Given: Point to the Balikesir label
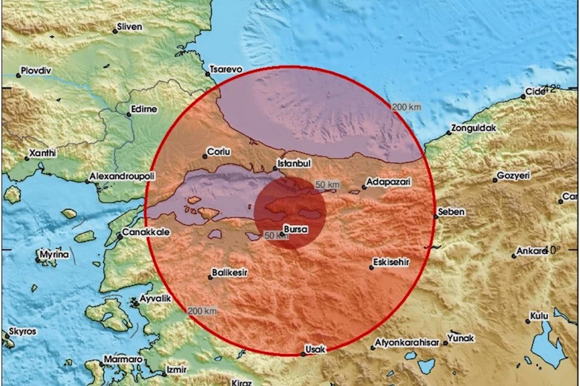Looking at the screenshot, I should (229, 274).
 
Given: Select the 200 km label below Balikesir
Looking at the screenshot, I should (200, 311).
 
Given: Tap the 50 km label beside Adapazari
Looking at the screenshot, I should (327, 185).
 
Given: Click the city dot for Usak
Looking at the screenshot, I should (303, 354).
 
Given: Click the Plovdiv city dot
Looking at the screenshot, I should (20, 75).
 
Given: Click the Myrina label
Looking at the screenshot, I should (54, 255).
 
